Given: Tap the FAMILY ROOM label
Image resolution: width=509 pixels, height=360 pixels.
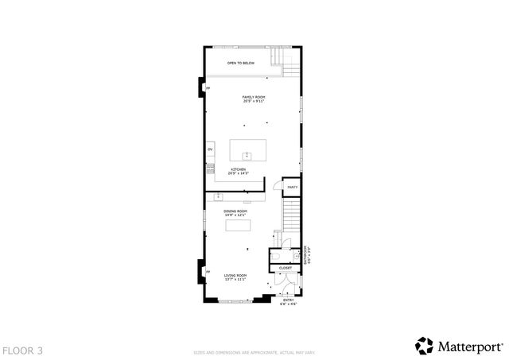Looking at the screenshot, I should [254, 97].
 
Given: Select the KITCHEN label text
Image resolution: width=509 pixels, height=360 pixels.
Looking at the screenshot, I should [239, 169].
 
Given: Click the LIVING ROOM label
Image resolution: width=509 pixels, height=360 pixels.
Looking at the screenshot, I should [235, 275].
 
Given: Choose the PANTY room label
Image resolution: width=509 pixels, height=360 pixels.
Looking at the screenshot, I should [292, 187].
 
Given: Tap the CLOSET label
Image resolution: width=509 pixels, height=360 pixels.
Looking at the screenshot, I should [285, 268].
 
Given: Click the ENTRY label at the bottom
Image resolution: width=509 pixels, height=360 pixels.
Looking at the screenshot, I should [289, 299].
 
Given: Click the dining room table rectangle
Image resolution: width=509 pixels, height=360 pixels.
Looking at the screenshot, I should [238, 225].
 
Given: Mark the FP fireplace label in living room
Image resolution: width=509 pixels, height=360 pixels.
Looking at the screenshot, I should [208, 273].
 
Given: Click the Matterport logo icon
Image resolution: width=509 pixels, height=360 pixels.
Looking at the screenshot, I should [424, 346].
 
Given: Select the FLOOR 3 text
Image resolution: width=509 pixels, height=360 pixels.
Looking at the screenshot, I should [22, 350].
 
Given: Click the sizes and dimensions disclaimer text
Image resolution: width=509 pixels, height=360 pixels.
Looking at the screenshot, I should [254, 350].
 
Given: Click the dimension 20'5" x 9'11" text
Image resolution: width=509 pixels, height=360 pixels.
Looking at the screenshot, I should [254, 101].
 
